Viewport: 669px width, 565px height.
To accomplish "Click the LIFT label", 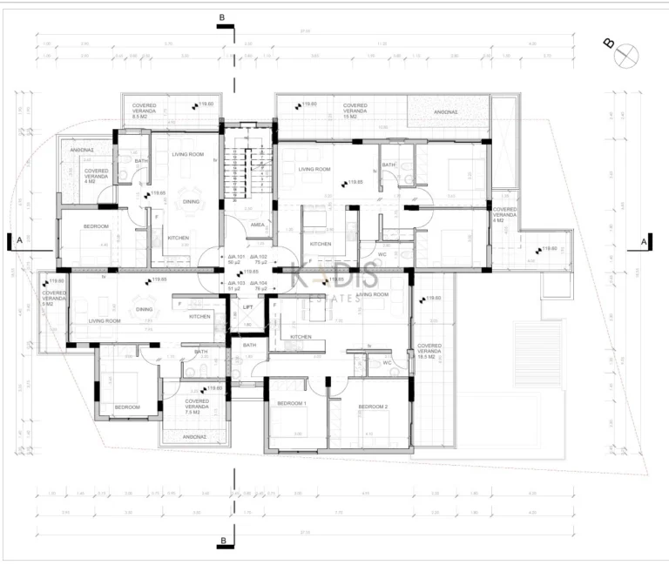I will tap(248, 307).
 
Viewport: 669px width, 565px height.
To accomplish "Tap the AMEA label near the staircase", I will tap(257, 225).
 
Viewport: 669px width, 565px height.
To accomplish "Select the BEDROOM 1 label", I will tap(291, 404).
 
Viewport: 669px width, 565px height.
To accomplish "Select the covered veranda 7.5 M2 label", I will tap(197, 404).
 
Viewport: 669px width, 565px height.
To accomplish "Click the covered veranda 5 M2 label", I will tap(54, 299).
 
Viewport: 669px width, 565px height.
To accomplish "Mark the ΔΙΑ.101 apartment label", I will tap(235, 260).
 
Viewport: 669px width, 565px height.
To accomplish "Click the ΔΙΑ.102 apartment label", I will tap(258, 260).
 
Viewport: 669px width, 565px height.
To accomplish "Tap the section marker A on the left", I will tap(18, 239).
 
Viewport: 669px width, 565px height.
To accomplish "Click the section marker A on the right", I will tap(642, 240).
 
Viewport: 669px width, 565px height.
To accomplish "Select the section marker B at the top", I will tap(223, 17).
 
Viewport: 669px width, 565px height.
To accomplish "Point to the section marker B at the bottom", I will tap(224, 541).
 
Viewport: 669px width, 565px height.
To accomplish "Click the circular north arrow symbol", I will tap(625, 55).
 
